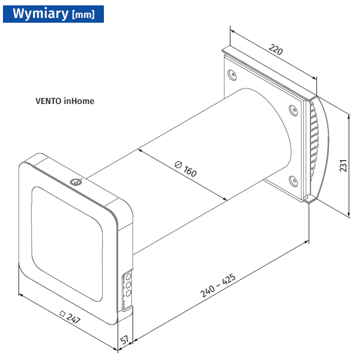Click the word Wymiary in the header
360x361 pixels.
pos(41,13)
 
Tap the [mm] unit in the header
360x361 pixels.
pos(83,15)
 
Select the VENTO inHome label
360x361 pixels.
pos(65,101)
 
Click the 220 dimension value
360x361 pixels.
pos(276,50)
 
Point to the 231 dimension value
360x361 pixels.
pos(343,166)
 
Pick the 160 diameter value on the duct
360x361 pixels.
pos(190,171)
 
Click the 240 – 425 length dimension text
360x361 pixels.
pos(218,286)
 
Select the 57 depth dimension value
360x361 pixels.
pos(124,340)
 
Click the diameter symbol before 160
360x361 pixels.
pos(179,164)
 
